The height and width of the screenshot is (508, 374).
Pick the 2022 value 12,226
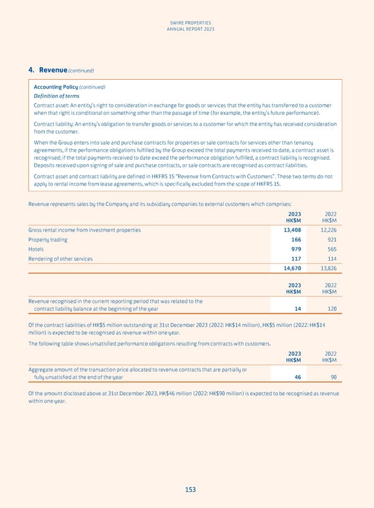(x=326, y=230)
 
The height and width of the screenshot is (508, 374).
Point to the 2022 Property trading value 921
(x=331, y=240)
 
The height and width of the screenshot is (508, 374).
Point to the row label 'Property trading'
(x=48, y=240)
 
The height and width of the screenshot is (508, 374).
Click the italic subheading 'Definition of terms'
(x=57, y=96)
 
